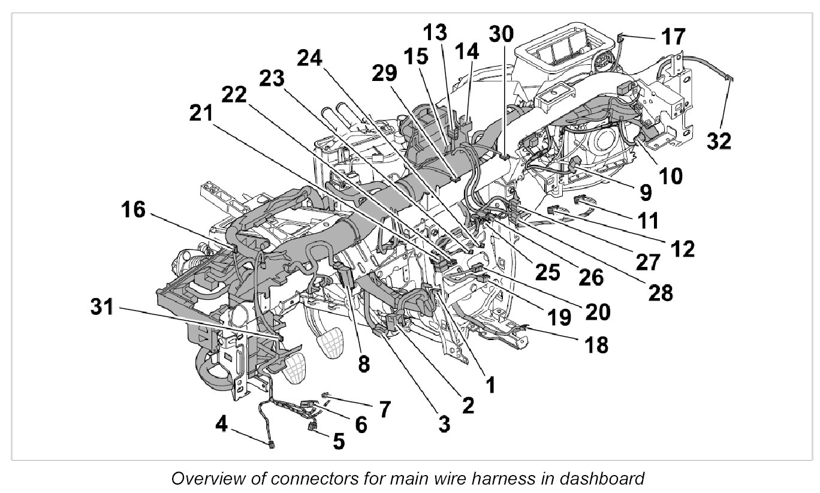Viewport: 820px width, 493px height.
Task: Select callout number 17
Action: pos(673,37)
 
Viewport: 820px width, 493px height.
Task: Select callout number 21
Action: pos(204,112)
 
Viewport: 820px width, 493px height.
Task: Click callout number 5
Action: pos(339,442)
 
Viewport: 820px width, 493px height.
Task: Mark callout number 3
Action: pos(443,425)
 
